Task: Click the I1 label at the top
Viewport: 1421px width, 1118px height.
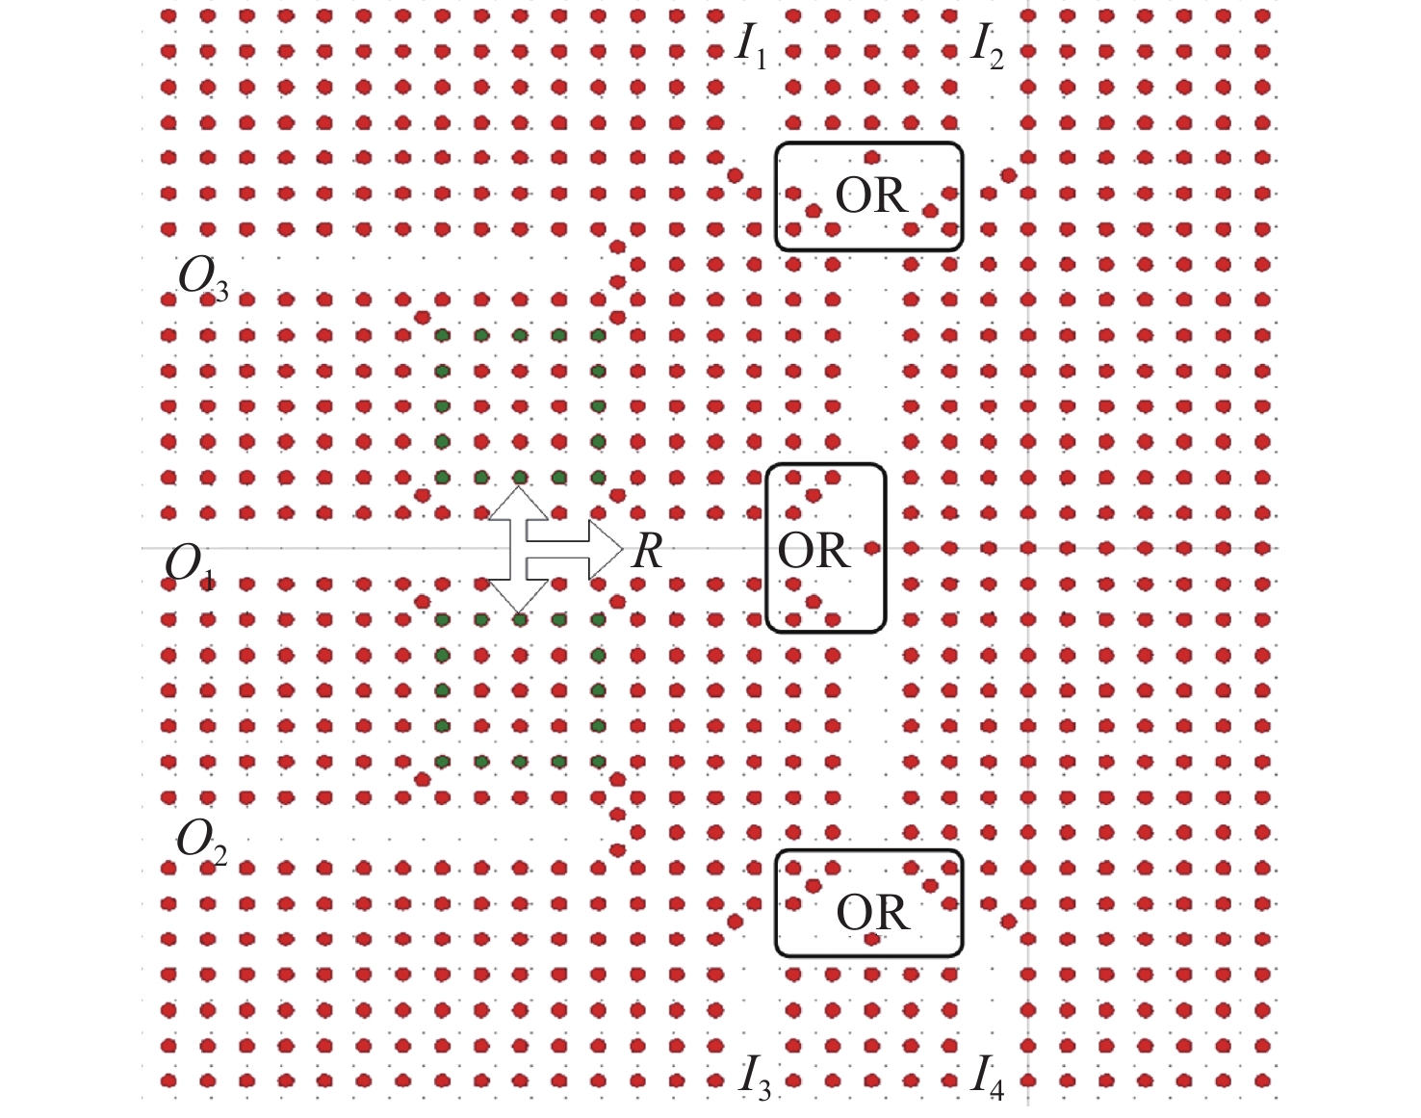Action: (x=751, y=45)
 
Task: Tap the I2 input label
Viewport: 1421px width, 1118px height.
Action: (x=986, y=45)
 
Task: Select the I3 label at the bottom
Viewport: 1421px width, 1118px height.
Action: (x=754, y=1076)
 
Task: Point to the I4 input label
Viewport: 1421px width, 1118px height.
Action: (x=988, y=1076)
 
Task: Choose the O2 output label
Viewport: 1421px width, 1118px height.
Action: (x=201, y=842)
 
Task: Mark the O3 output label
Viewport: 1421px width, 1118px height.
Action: (x=203, y=279)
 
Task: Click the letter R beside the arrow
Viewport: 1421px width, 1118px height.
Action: (x=647, y=552)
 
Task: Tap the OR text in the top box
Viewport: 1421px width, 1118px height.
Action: (x=870, y=196)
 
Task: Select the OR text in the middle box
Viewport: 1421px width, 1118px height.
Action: (x=814, y=552)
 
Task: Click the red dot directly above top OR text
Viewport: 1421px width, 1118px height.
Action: (x=872, y=158)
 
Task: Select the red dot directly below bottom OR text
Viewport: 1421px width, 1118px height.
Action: (x=872, y=939)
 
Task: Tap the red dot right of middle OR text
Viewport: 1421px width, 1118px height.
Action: (x=872, y=548)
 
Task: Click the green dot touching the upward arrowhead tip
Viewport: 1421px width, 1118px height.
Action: (x=520, y=478)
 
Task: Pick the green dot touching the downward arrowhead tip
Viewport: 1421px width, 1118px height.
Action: (x=520, y=620)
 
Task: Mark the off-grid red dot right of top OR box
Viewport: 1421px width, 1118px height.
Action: (x=1008, y=175)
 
